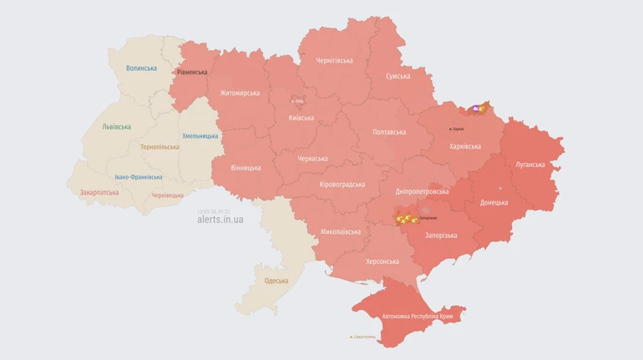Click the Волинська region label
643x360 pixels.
141,68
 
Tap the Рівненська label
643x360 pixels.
192,72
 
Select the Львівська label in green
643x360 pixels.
116,127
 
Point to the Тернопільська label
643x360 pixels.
159,147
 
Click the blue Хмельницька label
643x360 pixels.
200,136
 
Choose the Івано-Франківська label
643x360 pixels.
139,177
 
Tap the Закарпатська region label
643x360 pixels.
99,192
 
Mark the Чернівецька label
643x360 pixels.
167,195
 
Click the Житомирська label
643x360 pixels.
240,93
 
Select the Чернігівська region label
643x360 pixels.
334,60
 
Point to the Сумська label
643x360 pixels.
397,76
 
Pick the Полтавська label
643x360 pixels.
389,132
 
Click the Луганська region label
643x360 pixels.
530,165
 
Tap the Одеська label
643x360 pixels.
276,281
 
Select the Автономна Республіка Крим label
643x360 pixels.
417,317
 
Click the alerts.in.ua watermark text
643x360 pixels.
220,220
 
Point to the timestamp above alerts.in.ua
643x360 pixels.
214,210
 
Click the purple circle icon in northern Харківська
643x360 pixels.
475,108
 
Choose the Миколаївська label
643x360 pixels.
341,231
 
